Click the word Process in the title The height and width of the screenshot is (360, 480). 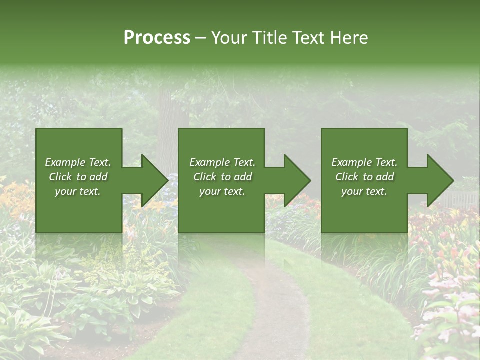point(157,38)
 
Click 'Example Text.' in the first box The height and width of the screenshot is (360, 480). point(78,162)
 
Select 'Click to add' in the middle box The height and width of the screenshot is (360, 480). point(222,177)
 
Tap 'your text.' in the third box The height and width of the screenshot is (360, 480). point(364,191)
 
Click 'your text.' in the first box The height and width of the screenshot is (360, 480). point(78,191)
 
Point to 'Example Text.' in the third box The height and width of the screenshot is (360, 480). point(364,162)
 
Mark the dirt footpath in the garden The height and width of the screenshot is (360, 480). point(272,310)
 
